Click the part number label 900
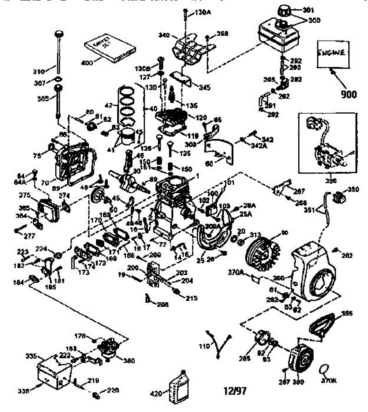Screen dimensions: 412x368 (348, 93)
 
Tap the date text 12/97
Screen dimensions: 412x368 (235, 391)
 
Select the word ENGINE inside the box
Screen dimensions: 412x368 (332, 53)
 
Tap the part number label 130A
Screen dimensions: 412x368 (202, 13)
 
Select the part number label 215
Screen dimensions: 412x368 (191, 298)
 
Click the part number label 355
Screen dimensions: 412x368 (346, 313)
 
